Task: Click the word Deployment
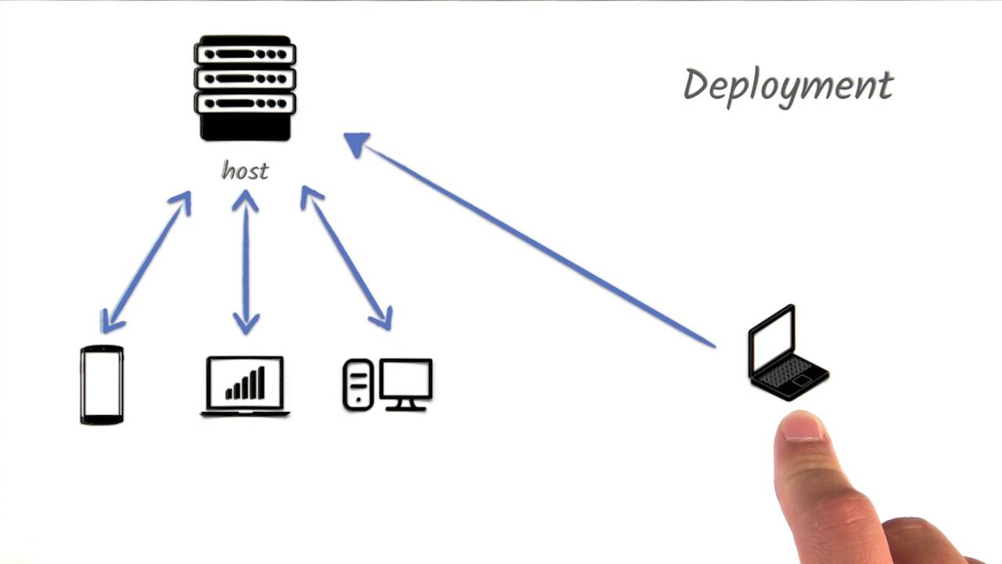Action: click(x=788, y=85)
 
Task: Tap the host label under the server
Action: click(x=245, y=170)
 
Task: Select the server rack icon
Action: click(x=245, y=88)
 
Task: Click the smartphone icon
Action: click(x=102, y=385)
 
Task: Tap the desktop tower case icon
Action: click(x=358, y=385)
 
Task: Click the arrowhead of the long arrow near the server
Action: click(x=357, y=144)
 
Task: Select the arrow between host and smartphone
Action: click(x=146, y=261)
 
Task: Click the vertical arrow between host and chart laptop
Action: click(x=246, y=261)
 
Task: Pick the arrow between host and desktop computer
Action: click(x=346, y=258)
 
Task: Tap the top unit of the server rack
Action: click(x=245, y=53)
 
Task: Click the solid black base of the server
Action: click(x=245, y=126)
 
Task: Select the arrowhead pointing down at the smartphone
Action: click(x=110, y=321)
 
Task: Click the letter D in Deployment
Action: click(x=696, y=84)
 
